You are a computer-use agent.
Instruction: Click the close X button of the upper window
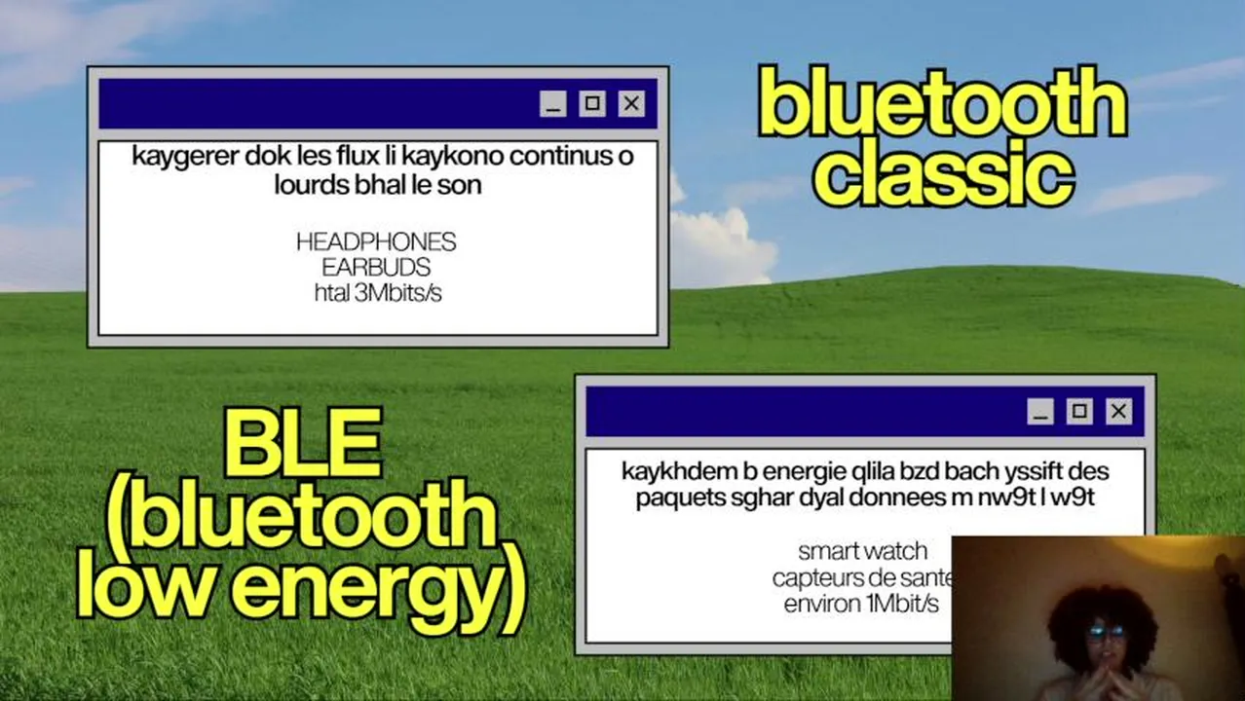click(x=631, y=103)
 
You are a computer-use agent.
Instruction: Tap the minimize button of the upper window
click(x=553, y=103)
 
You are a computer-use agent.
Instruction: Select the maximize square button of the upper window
click(x=592, y=103)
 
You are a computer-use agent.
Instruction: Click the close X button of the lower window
click(x=1118, y=411)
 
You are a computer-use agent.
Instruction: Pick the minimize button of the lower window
click(x=1040, y=411)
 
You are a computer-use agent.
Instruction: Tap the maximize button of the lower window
click(x=1079, y=411)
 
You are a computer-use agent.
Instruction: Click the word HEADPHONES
click(x=376, y=242)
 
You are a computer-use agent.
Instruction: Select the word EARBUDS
click(x=376, y=268)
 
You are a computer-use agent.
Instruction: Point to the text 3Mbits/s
click(x=398, y=293)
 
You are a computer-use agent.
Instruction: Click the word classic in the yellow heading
click(x=943, y=173)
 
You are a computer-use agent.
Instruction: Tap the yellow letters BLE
click(x=303, y=443)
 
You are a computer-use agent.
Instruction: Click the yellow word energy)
click(x=379, y=589)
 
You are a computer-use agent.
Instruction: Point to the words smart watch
click(x=862, y=552)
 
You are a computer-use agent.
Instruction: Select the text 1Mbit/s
click(x=903, y=604)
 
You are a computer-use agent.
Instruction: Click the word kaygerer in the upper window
click(x=185, y=157)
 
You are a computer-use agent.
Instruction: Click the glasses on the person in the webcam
click(x=1106, y=632)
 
